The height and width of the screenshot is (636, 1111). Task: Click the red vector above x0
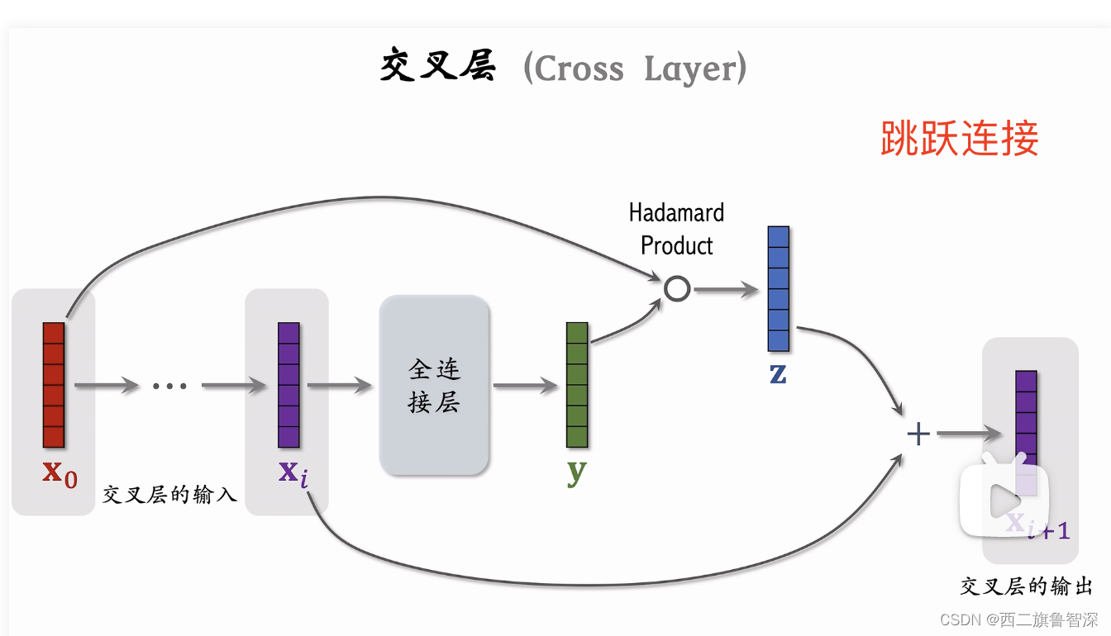pyautogui.click(x=54, y=385)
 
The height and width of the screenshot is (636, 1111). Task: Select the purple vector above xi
pyautogui.click(x=288, y=385)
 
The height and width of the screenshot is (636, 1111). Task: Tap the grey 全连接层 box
pyautogui.click(x=434, y=385)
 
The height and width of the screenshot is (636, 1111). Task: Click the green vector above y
pyautogui.click(x=577, y=385)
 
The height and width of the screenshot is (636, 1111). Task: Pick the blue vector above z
pyautogui.click(x=779, y=288)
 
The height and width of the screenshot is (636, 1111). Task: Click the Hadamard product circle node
pyautogui.click(x=677, y=289)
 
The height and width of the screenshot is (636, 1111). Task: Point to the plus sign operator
pyautogui.click(x=918, y=434)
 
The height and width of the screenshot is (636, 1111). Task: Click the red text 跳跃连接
pyautogui.click(x=959, y=138)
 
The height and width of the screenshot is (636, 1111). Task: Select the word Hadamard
pyautogui.click(x=676, y=213)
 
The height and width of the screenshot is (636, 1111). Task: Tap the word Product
pyautogui.click(x=676, y=245)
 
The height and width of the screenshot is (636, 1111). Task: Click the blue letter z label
pyautogui.click(x=778, y=373)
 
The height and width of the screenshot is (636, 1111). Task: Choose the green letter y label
pyautogui.click(x=577, y=472)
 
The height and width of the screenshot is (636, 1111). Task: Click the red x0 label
pyautogui.click(x=60, y=473)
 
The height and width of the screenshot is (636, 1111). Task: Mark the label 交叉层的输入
pyautogui.click(x=169, y=495)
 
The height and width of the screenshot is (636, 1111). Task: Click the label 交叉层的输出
pyautogui.click(x=1026, y=586)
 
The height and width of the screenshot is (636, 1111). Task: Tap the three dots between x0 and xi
pyautogui.click(x=170, y=386)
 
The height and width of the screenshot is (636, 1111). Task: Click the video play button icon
pyautogui.click(x=1004, y=499)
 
